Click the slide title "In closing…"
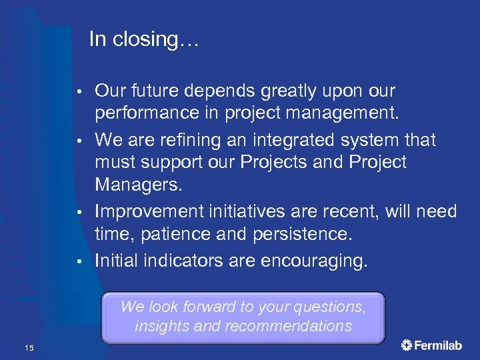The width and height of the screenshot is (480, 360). click(143, 39)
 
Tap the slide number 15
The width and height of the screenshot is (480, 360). click(29, 347)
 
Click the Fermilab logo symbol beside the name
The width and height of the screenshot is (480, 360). click(407, 345)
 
